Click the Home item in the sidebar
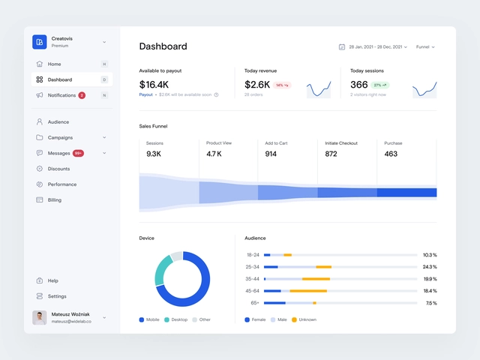coord(54,64)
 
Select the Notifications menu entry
coord(61,95)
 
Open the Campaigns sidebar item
coord(60,137)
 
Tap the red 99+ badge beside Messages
coord(78,153)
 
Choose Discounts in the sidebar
coord(58,169)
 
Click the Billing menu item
coord(54,200)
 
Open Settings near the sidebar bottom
coord(57,296)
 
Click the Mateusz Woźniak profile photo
coord(40,318)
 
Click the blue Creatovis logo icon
coord(40,42)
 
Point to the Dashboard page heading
coord(163,46)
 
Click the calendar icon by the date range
coord(342,46)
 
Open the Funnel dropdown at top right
coord(425,46)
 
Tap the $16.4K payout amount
coord(154,85)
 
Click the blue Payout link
coord(145,94)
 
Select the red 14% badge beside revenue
coord(282,85)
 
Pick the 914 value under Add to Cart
coord(271,154)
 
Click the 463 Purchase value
coord(391,154)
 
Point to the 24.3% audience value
coord(429,267)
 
